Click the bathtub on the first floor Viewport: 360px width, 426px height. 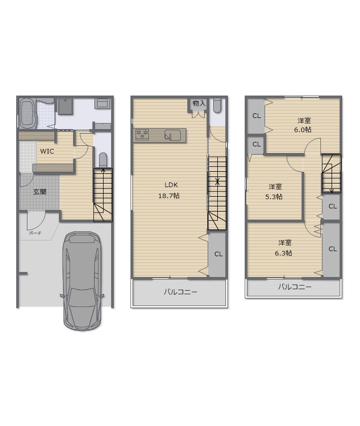(27, 113)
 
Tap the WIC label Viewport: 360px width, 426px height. (47, 151)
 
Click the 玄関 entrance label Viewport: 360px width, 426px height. (40, 192)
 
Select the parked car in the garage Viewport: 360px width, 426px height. (82, 281)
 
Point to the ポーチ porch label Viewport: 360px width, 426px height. (35, 233)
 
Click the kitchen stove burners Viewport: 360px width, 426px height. (142, 134)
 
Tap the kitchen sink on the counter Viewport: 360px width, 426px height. (172, 135)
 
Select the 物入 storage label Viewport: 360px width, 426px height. (199, 104)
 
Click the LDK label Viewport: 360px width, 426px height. (171, 185)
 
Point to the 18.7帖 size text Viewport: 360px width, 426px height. (169, 196)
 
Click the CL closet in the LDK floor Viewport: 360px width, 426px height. (217, 254)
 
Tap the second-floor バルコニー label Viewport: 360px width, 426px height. (180, 292)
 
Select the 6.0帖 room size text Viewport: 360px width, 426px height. (303, 130)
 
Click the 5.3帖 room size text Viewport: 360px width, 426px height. (274, 197)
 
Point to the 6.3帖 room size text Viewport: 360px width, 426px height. (283, 253)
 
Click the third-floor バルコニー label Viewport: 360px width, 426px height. (294, 287)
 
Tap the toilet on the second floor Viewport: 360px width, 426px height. (217, 105)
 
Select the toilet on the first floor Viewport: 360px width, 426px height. (103, 160)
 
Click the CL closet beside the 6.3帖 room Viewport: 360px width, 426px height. (332, 250)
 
